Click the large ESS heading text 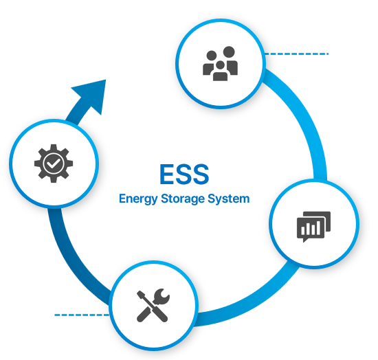click(x=184, y=174)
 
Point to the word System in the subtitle click(x=229, y=199)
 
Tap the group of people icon click(x=221, y=63)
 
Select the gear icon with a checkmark click(x=54, y=164)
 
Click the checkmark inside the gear click(x=54, y=164)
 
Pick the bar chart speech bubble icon click(x=313, y=227)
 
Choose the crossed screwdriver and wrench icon click(x=153, y=305)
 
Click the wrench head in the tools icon click(x=162, y=296)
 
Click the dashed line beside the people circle click(x=296, y=54)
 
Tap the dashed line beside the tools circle click(x=82, y=315)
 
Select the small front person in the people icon click(x=221, y=71)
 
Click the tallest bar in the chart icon click(x=318, y=227)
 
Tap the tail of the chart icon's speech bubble click(x=305, y=240)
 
